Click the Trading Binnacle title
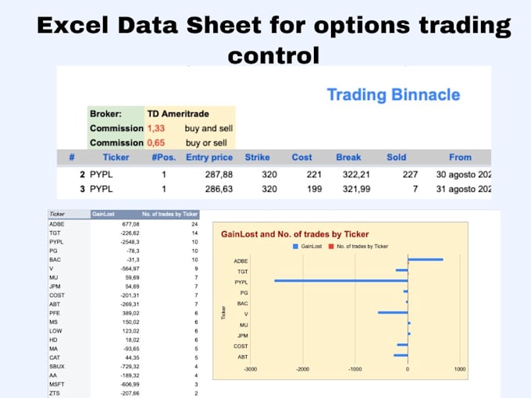click(392, 95)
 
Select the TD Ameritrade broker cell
click(178, 114)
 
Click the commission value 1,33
click(156, 128)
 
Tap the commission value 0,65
click(156, 143)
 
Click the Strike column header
click(257, 158)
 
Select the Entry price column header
click(209, 158)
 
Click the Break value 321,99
click(349, 189)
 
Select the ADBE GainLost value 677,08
click(105, 223)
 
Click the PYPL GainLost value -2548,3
click(105, 242)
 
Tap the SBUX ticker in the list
click(57, 366)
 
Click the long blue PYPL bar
click(340, 280)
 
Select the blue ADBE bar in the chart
click(425, 260)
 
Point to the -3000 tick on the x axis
click(250, 370)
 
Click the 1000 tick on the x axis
click(459, 370)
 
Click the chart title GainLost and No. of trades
click(294, 233)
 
